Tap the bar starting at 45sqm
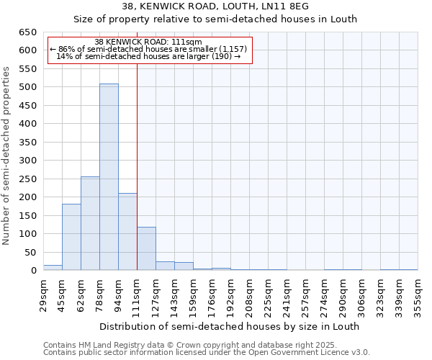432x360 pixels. point(71,237)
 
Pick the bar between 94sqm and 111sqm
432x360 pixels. point(127,232)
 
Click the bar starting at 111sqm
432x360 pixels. point(146,249)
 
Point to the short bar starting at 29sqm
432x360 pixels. point(53,268)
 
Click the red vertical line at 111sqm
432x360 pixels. point(137,166)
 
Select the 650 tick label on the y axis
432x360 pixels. point(27,32)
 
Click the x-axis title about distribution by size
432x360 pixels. point(229,326)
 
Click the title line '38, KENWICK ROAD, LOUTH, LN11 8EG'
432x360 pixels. point(215,6)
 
